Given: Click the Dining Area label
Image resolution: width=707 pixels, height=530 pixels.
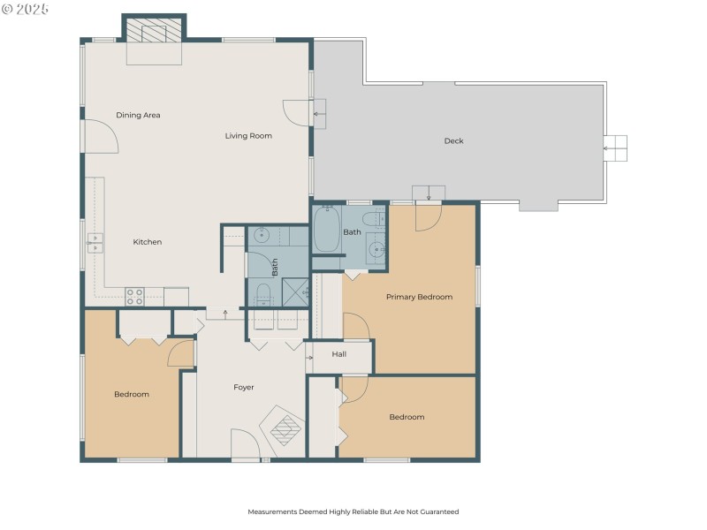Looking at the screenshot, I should point(138,115).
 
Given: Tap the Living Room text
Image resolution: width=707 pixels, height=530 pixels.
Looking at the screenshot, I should point(248,136).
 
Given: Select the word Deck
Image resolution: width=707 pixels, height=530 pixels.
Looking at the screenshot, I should point(453,141).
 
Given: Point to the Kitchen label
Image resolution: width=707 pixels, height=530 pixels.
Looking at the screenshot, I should point(148,242).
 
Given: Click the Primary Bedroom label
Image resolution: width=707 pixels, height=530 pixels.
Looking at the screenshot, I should point(419,297).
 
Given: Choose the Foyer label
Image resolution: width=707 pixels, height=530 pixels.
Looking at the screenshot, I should point(244,388).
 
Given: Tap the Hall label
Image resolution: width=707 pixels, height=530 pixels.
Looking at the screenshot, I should point(338,354).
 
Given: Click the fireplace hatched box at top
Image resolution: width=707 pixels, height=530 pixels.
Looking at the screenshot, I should point(145,32).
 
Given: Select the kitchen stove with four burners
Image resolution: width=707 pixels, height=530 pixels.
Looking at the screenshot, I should point(134,297).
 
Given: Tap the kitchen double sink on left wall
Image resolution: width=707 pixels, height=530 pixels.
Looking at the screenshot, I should point(95,243).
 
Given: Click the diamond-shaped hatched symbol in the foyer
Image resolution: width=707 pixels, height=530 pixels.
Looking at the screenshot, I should point(285,429).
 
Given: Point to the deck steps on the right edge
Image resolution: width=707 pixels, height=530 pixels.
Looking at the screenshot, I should point(615,148).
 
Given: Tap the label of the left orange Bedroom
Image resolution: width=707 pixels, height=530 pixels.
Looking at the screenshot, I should point(132,395).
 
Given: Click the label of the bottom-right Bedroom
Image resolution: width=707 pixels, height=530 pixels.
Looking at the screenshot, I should point(407,417).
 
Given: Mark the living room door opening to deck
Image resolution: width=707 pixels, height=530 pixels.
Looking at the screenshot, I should point(296,113).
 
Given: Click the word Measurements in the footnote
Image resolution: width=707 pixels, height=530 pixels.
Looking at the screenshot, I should point(271,511).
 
